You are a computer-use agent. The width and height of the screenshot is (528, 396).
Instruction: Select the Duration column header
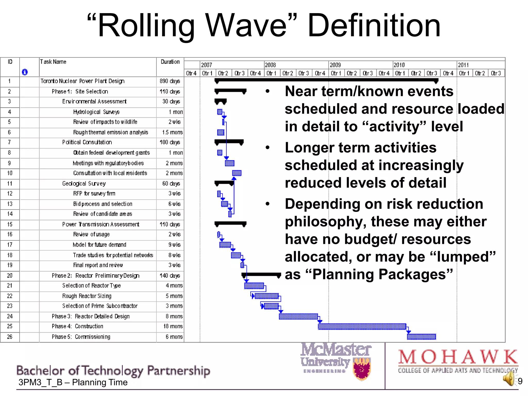tap(170, 62)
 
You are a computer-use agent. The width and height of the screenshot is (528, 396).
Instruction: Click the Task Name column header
tap(53, 62)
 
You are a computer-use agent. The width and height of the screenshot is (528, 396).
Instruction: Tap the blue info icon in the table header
tap(25, 72)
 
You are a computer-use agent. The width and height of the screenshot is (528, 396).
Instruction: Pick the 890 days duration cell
tap(170, 81)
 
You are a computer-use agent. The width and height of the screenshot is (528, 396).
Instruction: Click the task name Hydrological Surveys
tap(96, 112)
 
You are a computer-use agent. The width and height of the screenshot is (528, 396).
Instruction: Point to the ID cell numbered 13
tap(10, 204)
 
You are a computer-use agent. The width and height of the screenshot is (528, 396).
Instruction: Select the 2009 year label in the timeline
tap(335, 65)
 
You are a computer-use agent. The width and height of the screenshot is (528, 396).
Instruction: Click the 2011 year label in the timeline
tap(463, 65)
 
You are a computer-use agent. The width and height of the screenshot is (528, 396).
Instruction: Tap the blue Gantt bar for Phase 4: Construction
tap(362, 326)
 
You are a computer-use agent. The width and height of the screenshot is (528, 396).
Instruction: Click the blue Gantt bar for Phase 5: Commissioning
tap(422, 337)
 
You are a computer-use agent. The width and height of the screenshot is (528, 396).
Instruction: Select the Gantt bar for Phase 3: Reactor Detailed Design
tap(298, 316)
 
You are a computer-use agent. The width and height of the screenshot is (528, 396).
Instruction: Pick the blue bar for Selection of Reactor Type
tap(254, 286)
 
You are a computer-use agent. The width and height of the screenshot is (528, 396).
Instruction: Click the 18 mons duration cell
tap(173, 326)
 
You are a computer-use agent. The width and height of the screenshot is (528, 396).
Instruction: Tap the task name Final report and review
tap(98, 265)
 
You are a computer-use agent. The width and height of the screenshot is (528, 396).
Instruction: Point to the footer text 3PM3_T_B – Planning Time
tap(73, 382)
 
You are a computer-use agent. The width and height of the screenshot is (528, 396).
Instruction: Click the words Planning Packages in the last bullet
tap(383, 274)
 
